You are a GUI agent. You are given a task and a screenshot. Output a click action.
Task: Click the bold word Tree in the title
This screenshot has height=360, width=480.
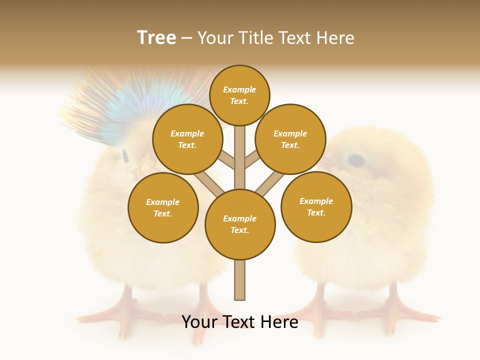(x=156, y=38)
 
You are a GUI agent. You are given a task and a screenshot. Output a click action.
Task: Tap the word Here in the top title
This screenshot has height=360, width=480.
(x=335, y=38)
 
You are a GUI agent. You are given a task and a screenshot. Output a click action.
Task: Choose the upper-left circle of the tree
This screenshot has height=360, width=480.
(x=187, y=139)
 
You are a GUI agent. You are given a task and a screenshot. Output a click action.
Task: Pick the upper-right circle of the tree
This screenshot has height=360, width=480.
(x=290, y=139)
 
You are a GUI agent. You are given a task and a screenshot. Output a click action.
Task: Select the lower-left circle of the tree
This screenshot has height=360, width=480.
(x=163, y=207)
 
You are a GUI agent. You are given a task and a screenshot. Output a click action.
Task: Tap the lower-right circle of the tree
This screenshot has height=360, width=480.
(x=316, y=206)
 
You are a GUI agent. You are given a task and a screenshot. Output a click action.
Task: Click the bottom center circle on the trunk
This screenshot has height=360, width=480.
(x=240, y=224)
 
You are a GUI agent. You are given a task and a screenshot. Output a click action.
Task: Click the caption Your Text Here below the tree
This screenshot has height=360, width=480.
(x=240, y=322)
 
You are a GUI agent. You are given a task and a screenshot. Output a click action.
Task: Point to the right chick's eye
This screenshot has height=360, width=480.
(x=355, y=160)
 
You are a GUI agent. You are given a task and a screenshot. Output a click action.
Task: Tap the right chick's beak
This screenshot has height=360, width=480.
(x=327, y=163)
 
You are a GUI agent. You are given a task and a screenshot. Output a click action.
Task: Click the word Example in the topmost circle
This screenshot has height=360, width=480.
(x=239, y=90)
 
